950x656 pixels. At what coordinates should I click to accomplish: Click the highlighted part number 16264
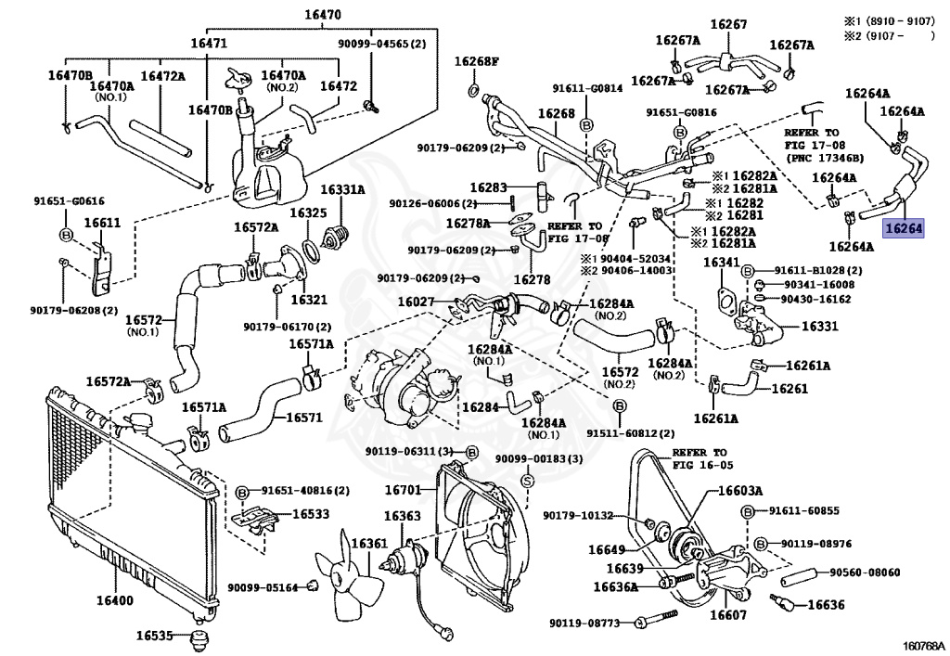[x=904, y=227]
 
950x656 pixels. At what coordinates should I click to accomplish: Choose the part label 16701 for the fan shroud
[x=404, y=489]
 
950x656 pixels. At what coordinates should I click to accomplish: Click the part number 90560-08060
[x=865, y=572]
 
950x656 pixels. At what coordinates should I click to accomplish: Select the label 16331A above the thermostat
[x=342, y=189]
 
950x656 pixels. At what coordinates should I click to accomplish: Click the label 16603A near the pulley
[x=739, y=491]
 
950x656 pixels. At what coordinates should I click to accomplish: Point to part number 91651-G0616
[x=70, y=199]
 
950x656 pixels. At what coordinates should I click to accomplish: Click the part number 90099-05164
[x=263, y=586]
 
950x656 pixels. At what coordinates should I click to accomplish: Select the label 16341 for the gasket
[x=721, y=263]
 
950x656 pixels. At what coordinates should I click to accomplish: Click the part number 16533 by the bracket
[x=311, y=513]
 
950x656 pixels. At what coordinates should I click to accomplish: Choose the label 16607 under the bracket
[x=728, y=614]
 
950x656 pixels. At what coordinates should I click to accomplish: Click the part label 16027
[x=417, y=302]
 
